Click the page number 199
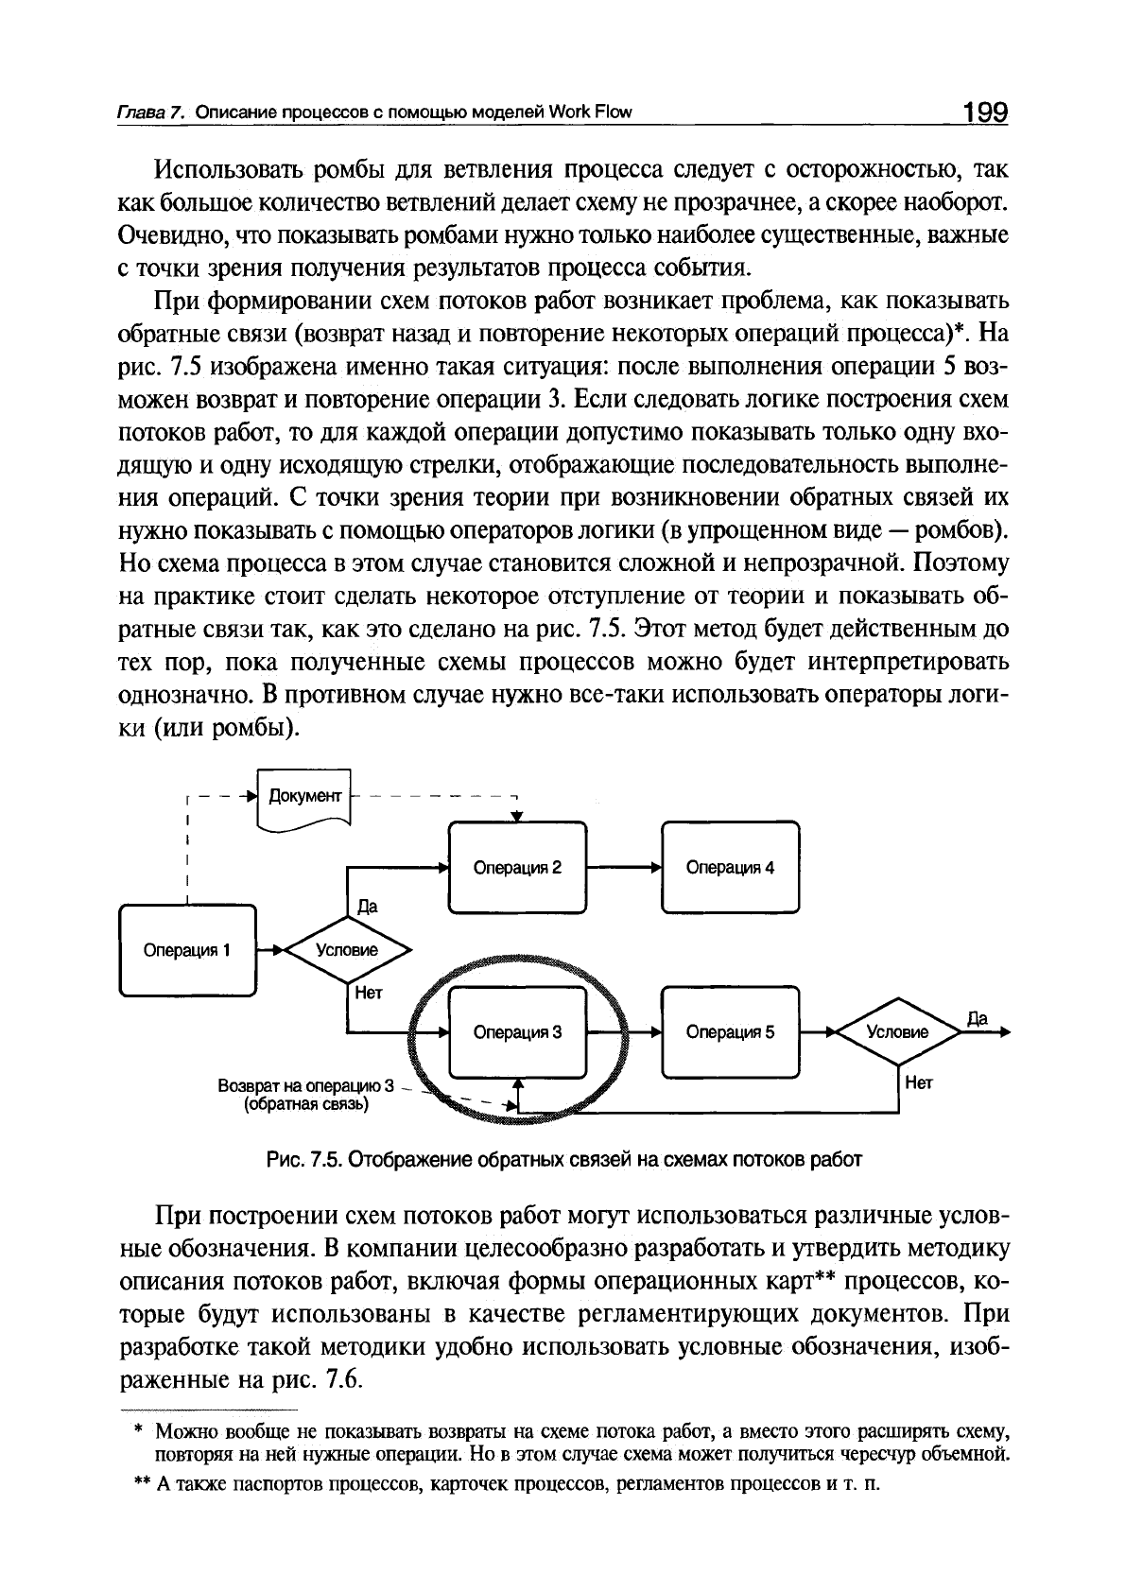click(986, 112)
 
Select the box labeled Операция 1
click(187, 950)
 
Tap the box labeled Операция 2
click(517, 867)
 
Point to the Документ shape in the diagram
click(303, 797)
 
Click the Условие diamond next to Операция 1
click(346, 950)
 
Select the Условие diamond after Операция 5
click(897, 1032)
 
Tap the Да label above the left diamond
click(367, 907)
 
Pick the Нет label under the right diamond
click(919, 1083)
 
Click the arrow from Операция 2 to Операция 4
click(624, 867)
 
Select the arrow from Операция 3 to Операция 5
click(624, 1032)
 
